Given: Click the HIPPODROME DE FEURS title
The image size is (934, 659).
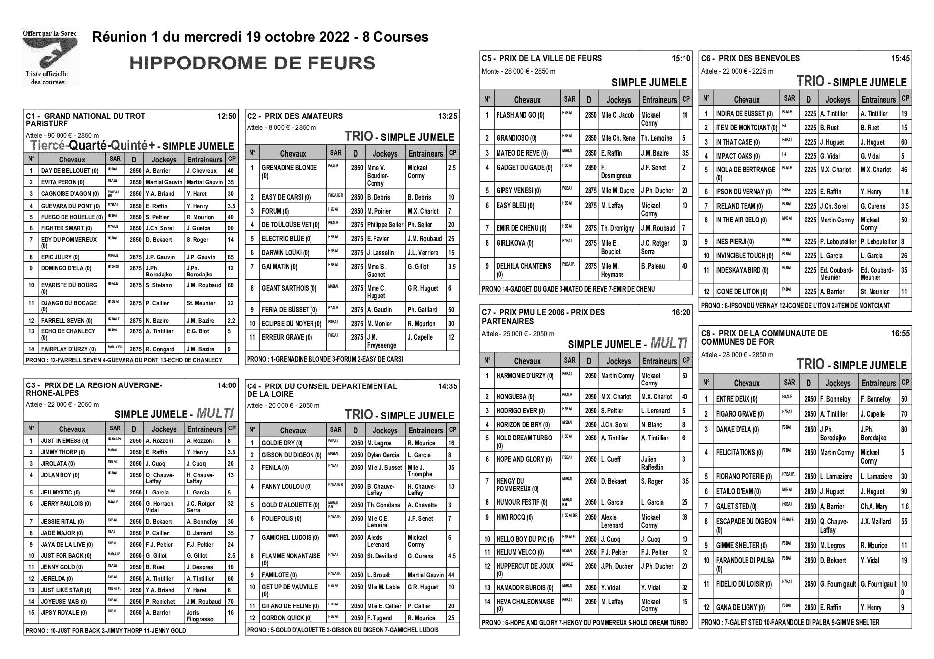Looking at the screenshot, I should (x=252, y=63).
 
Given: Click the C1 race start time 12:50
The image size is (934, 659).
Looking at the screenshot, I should (x=226, y=116).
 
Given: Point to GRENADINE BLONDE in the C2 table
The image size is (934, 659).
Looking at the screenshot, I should (x=289, y=168).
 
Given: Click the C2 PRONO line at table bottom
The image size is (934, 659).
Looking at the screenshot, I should (x=325, y=359).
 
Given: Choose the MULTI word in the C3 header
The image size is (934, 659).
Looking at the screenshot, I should (x=215, y=413).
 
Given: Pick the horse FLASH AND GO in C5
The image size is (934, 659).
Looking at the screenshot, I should (x=520, y=115).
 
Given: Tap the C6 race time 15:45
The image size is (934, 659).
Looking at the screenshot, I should (x=900, y=58).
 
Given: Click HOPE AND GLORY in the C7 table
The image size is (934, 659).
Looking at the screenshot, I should (x=524, y=459).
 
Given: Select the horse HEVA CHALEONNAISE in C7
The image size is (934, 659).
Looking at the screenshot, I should (x=525, y=602).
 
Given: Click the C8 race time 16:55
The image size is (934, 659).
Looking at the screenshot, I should (x=900, y=334).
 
